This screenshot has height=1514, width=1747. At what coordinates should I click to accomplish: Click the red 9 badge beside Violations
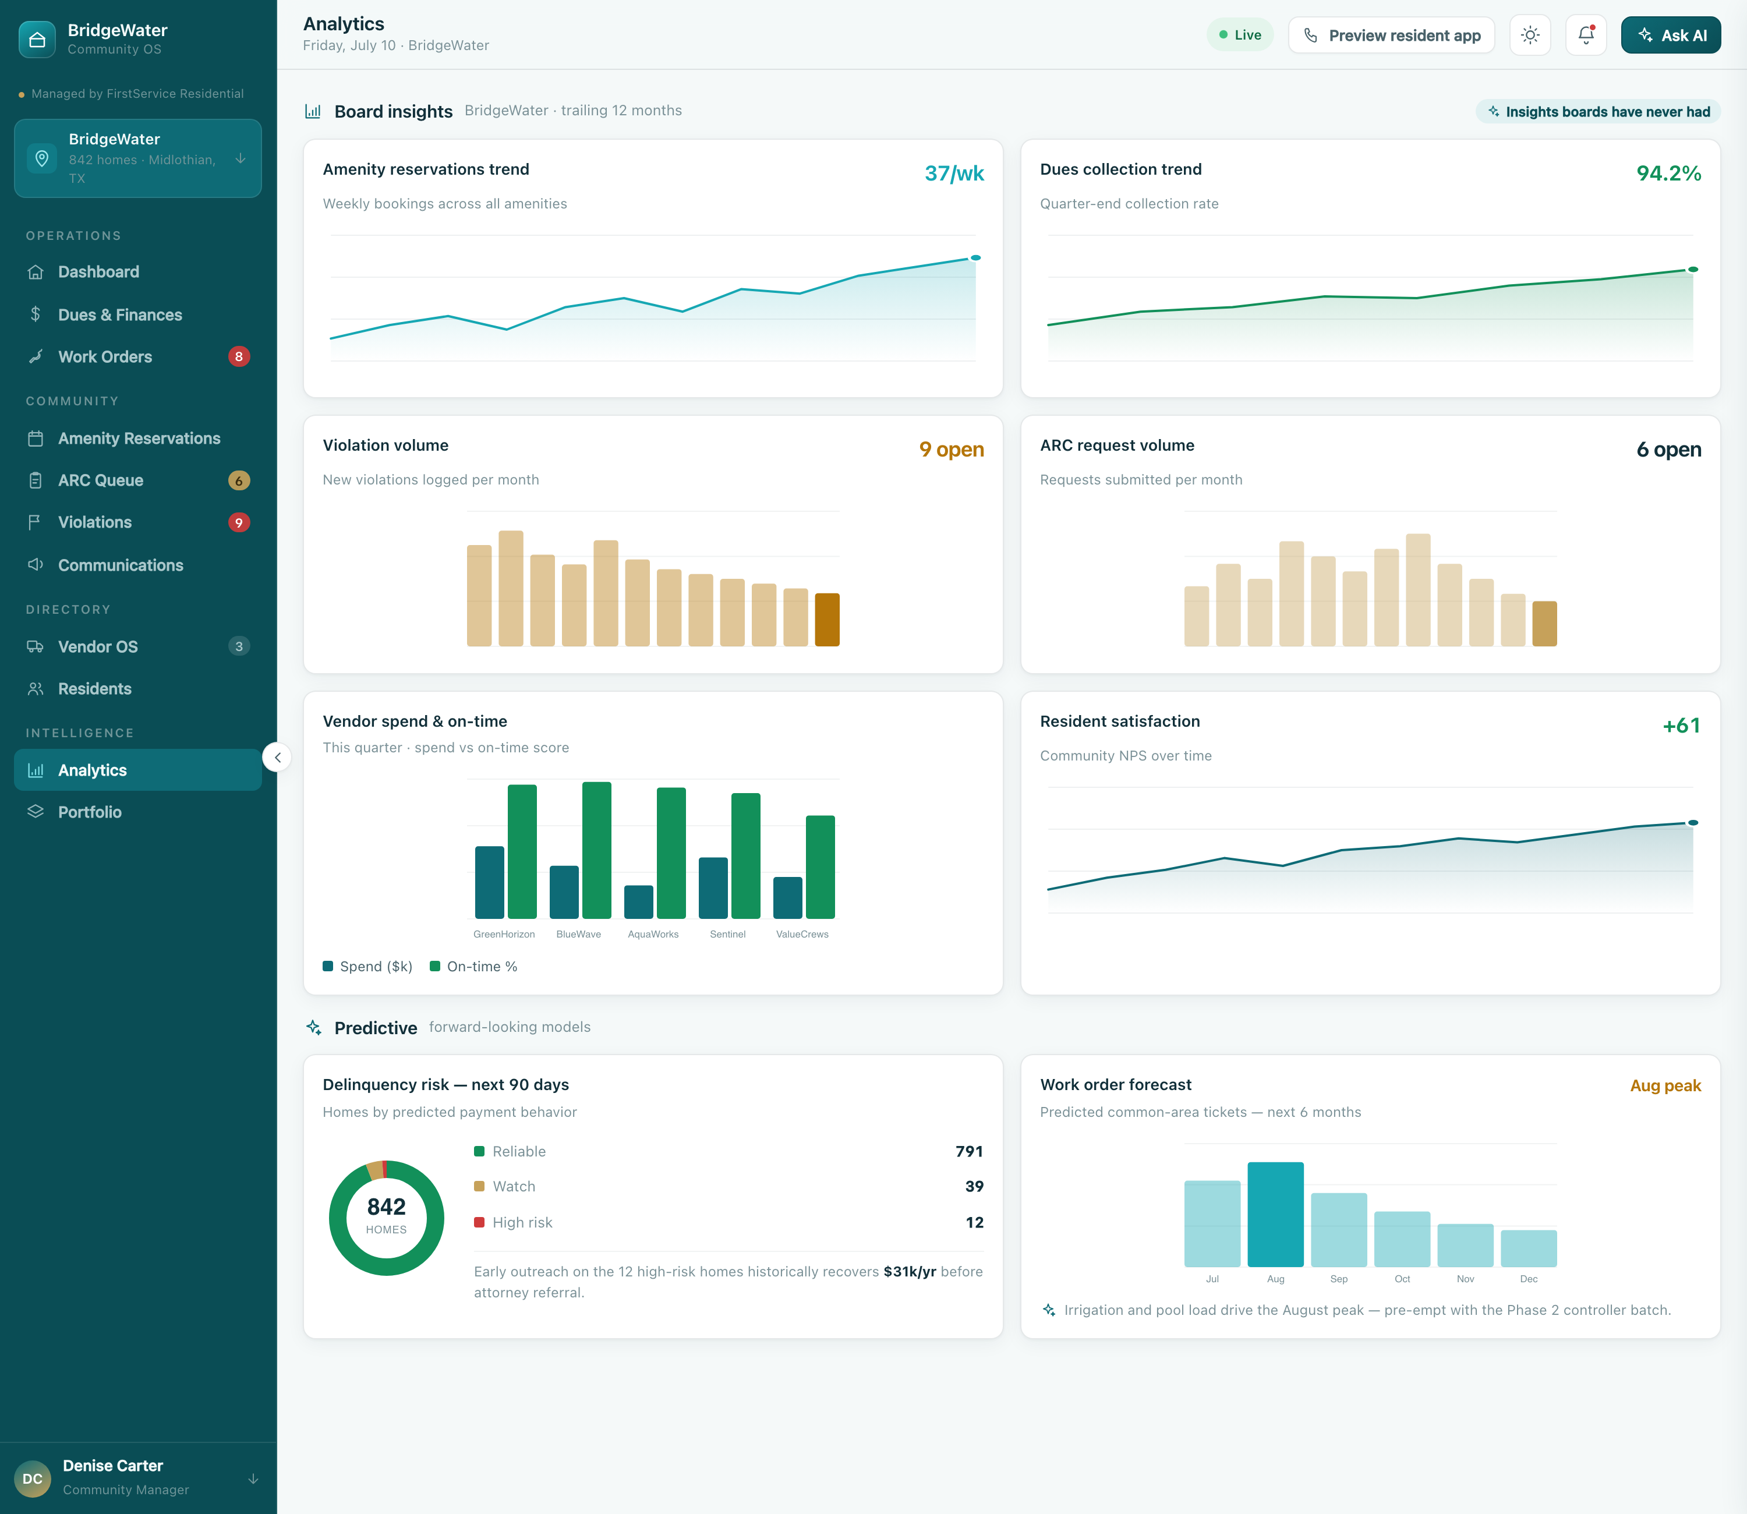click(x=239, y=522)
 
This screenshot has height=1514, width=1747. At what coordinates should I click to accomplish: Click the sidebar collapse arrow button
click(x=277, y=757)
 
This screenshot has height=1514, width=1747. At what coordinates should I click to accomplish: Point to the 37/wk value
click(x=954, y=173)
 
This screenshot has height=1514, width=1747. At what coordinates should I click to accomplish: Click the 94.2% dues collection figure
click(x=1668, y=173)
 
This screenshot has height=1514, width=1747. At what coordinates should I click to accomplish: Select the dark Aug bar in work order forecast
click(x=1276, y=1214)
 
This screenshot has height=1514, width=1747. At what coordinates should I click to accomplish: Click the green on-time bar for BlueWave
click(x=596, y=850)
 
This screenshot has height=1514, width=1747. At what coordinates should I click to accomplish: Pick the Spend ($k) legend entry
click(x=367, y=967)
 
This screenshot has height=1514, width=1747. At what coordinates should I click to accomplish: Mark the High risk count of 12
click(x=975, y=1222)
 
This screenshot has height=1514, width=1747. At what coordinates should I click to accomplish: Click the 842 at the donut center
click(x=386, y=1207)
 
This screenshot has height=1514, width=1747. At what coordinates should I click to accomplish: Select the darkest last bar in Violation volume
click(x=827, y=620)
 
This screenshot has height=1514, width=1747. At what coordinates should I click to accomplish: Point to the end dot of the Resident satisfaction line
click(x=1693, y=823)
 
